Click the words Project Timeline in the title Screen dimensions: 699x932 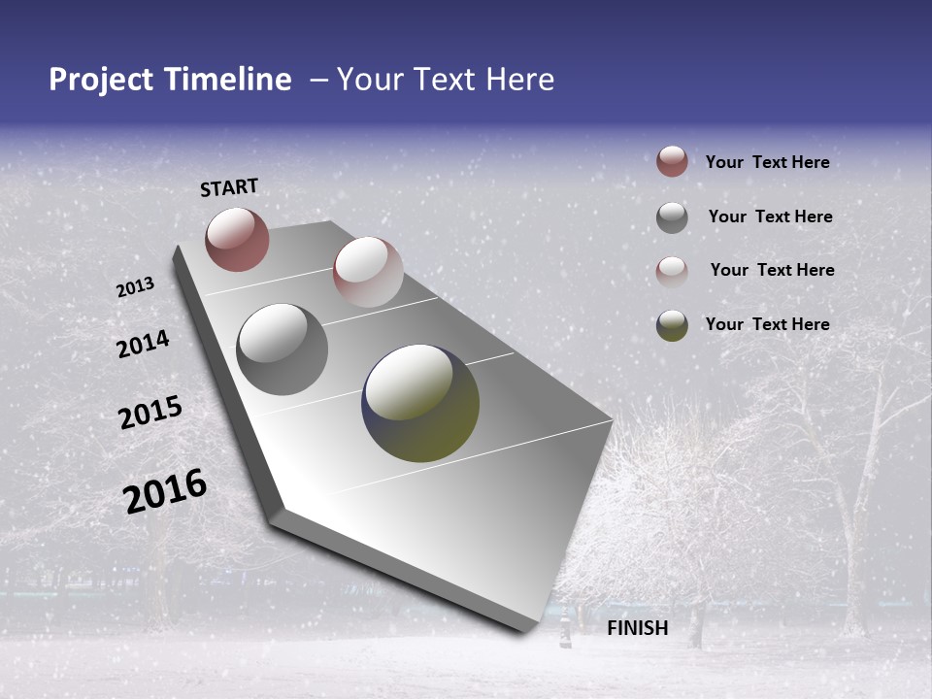point(170,80)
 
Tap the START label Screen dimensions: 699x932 point(229,187)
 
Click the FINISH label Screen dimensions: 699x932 point(638,628)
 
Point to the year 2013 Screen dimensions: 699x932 point(135,287)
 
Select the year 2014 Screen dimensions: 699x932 point(143,344)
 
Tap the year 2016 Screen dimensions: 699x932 point(165,490)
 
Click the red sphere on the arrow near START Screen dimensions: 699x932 point(237,239)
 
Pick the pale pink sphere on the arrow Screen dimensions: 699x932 point(368,272)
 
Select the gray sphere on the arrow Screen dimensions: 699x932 point(283,349)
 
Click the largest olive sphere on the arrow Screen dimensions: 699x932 point(420,403)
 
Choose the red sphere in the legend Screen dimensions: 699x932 point(672,161)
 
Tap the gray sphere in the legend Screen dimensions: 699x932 point(672,217)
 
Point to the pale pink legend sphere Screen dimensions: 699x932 point(672,272)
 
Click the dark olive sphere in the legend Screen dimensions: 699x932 point(672,325)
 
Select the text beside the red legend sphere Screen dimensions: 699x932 point(767,162)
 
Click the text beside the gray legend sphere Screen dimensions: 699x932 point(770,216)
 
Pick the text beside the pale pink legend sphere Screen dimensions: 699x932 point(772,270)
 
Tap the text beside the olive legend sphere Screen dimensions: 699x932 point(767,324)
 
